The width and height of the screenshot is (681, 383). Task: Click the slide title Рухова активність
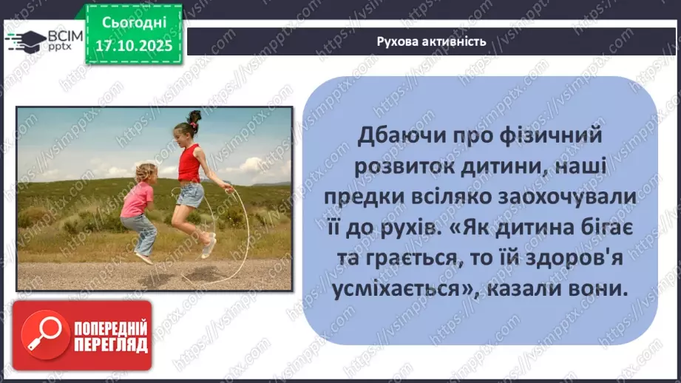point(431,41)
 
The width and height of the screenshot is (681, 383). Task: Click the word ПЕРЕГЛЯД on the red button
point(111,345)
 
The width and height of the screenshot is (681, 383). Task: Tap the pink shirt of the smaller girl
point(137,200)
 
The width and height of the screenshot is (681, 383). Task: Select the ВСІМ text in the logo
point(63,35)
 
